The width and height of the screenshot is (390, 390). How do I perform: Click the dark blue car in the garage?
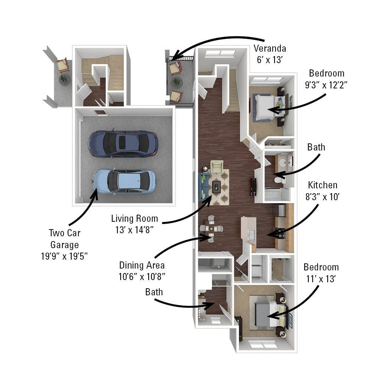[123, 143]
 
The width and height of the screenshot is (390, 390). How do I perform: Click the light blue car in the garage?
[124, 182]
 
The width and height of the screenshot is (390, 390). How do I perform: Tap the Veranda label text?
[270, 48]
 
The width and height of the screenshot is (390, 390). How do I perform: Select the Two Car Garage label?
[65, 239]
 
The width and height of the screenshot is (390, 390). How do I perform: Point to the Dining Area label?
[142, 265]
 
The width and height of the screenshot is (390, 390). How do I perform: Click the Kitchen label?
[322, 185]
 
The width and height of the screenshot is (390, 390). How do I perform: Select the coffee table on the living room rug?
[217, 187]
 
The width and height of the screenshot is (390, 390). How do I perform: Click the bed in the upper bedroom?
[266, 107]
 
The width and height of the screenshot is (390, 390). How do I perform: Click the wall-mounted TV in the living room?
[254, 187]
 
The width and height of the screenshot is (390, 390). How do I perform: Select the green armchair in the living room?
[217, 166]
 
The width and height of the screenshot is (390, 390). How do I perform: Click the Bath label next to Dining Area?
[154, 292]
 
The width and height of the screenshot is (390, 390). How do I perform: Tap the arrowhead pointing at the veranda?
[174, 57]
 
